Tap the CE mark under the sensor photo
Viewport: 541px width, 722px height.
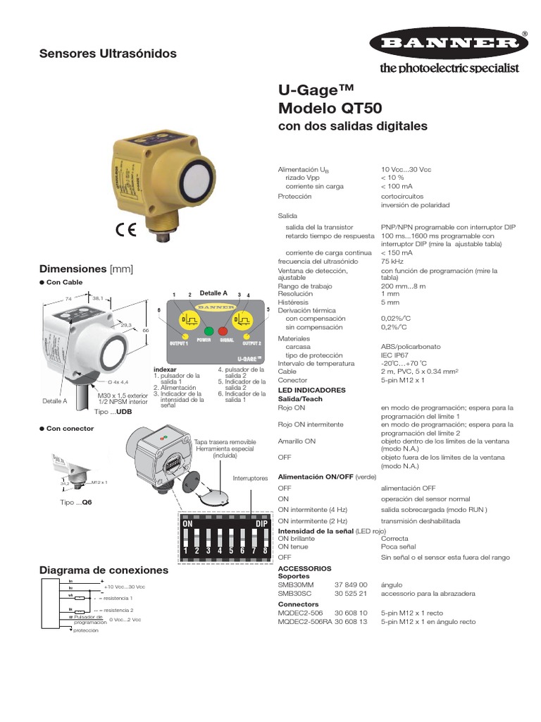coord(127,232)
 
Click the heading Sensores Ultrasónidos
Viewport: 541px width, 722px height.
coord(107,54)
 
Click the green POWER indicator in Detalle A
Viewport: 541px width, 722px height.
coord(209,331)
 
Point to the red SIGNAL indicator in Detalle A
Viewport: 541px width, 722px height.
coord(223,331)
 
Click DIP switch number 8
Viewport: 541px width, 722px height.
coord(265,542)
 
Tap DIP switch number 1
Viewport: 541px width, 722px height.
coord(187,542)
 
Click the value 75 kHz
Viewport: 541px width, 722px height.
coord(392,261)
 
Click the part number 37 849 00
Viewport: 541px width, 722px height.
coord(351,585)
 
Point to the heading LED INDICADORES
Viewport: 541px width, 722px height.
coord(312,390)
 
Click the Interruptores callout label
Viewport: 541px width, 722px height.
coord(250,478)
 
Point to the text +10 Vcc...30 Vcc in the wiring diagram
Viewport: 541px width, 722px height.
coord(125,587)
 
